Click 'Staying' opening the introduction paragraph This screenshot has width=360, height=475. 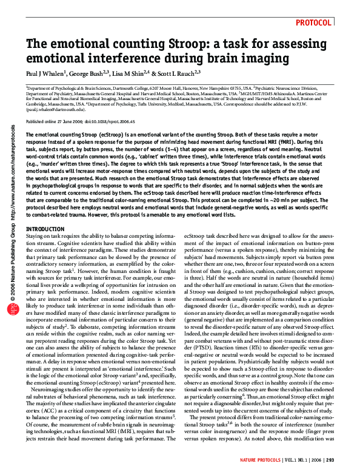coord(35,234)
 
